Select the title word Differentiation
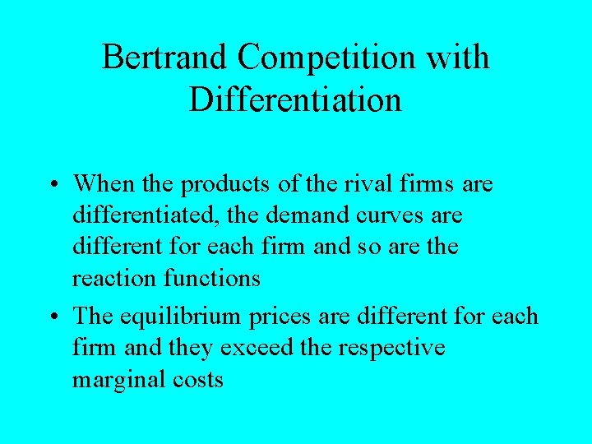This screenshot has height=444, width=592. coord(295,99)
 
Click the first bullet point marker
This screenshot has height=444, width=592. coord(53,184)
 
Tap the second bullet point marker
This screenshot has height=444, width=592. coord(53,317)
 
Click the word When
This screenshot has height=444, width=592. coord(108,183)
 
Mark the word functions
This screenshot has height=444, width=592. coord(212,279)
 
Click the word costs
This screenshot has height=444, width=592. coord(197,379)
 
